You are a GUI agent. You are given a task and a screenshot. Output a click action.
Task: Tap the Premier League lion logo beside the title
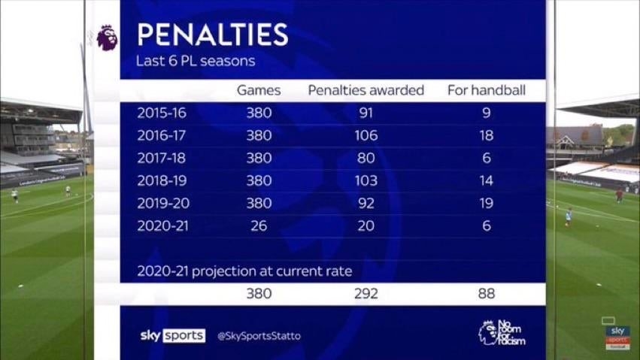point(107,38)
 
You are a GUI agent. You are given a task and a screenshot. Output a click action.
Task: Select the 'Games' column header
point(259,91)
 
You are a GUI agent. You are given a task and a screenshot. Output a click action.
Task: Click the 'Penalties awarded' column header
point(366,91)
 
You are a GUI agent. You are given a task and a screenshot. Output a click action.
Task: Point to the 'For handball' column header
point(486,91)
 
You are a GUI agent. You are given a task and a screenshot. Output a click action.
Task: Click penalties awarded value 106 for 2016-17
point(366,136)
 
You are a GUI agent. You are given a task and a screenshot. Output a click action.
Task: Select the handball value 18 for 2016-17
point(486,136)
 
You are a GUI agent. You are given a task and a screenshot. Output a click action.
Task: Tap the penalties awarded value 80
point(366,159)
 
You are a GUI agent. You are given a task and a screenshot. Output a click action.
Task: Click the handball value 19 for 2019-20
point(486,204)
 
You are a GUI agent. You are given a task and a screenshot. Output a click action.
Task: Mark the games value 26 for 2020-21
point(259,226)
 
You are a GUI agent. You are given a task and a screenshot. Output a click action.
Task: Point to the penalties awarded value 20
point(366,226)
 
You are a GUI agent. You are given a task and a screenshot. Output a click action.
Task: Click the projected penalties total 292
point(366,294)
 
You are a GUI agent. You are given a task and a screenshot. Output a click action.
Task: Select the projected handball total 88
point(486,294)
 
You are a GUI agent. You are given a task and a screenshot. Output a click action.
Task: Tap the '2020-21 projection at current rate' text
point(244,271)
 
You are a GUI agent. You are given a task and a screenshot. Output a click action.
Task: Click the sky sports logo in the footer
point(172,336)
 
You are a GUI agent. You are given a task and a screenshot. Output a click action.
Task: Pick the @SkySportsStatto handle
point(259,336)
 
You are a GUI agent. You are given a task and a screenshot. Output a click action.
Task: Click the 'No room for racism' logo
point(502,333)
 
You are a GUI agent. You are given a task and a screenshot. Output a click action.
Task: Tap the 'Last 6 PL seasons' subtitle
point(196,61)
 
